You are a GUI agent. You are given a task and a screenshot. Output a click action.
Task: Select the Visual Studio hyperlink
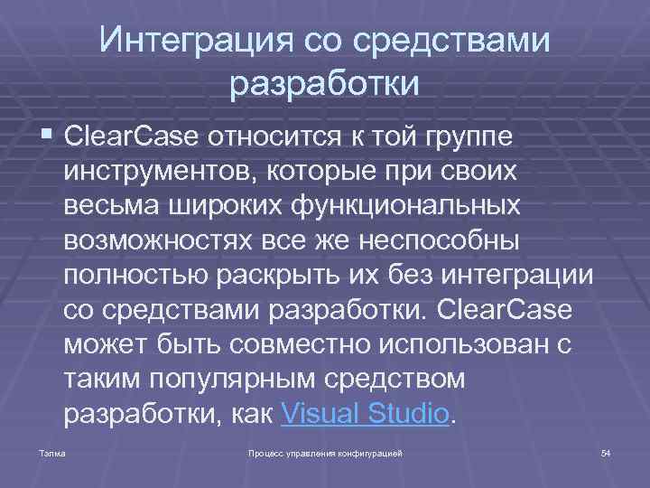pos(365,414)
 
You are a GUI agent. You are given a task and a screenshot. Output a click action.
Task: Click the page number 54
pos(606,451)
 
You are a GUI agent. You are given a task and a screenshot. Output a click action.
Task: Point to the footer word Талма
pos(51,451)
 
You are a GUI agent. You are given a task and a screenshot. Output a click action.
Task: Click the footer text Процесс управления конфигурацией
pos(325,451)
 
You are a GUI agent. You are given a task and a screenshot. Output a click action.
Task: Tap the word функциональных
pos(407,205)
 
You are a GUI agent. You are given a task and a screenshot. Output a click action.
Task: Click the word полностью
pos(133,275)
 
